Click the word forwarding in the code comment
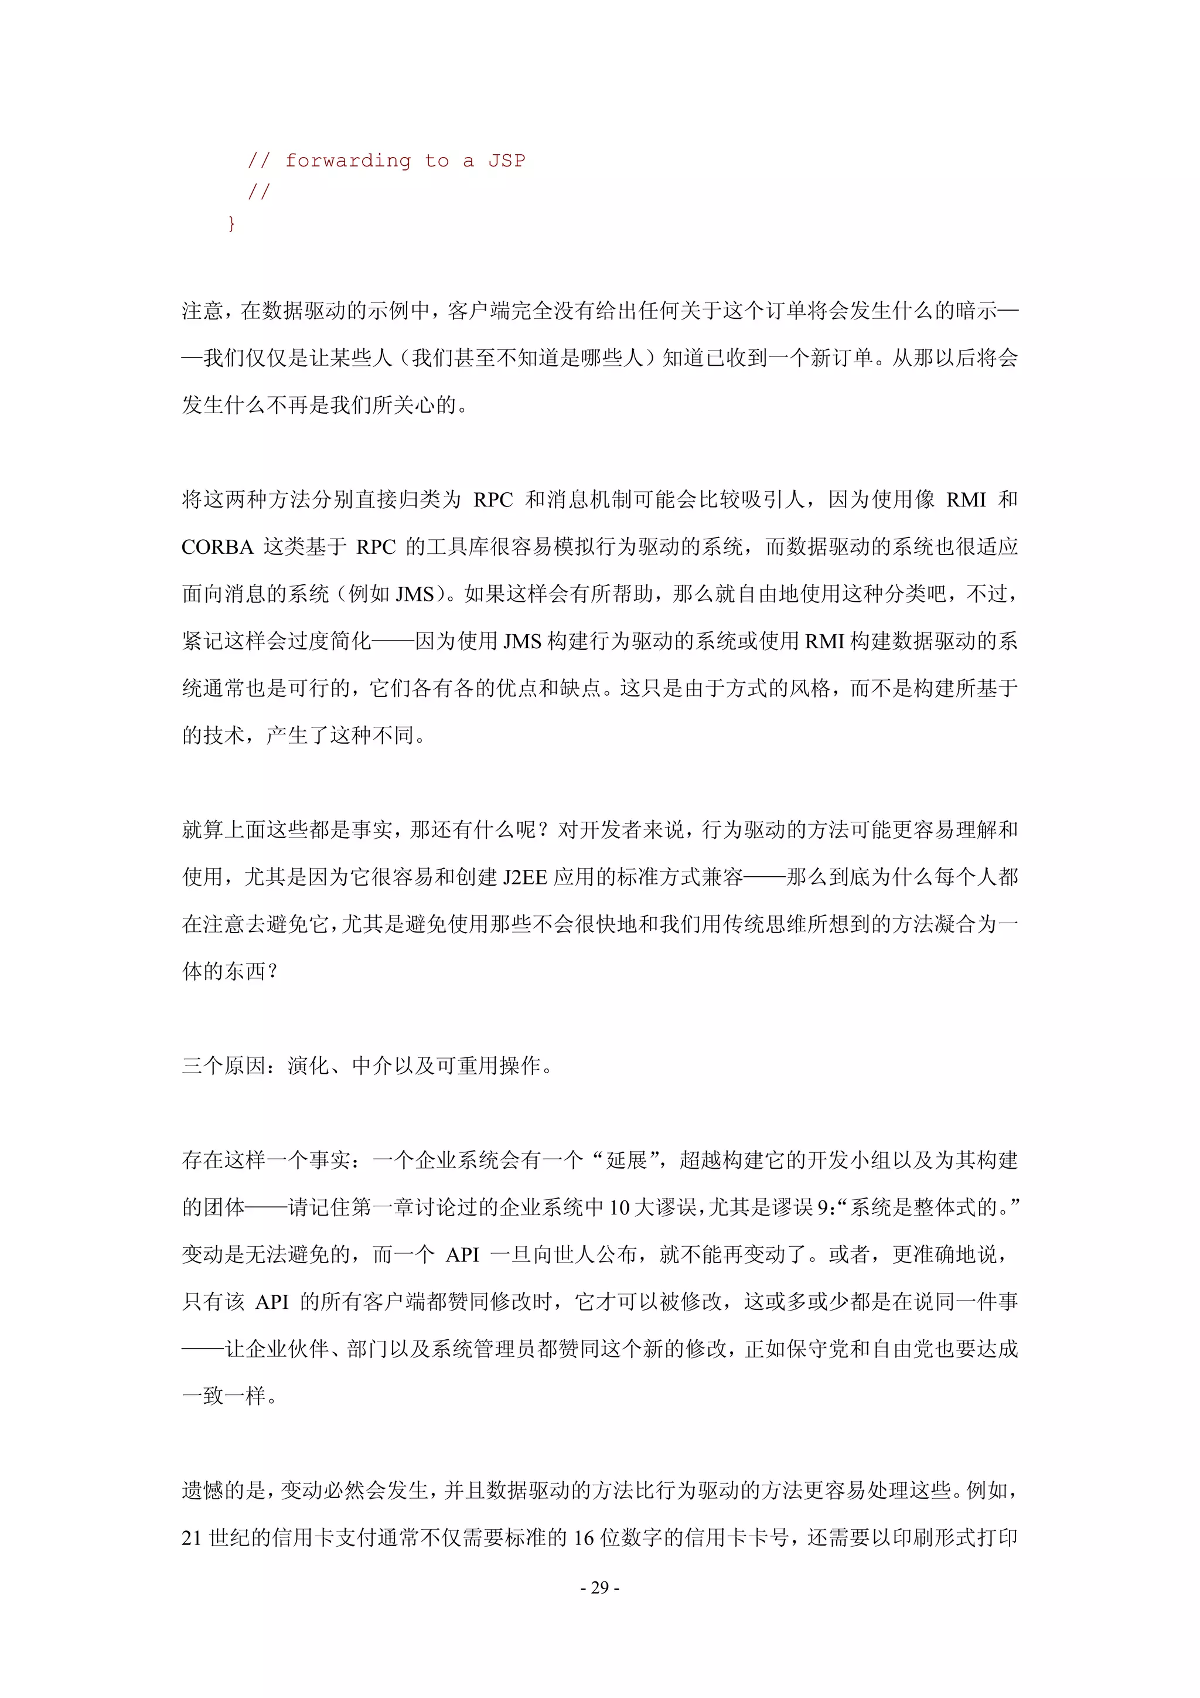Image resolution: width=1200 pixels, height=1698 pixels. [x=347, y=161]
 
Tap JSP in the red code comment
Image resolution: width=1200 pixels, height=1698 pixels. [x=506, y=161]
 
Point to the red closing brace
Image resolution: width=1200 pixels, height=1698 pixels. [x=231, y=223]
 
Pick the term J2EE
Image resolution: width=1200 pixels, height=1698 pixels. [x=525, y=877]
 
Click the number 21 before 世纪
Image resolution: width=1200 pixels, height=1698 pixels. [x=192, y=1537]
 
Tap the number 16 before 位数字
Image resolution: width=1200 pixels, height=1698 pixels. [x=584, y=1537]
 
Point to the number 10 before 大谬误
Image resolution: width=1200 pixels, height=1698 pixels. [x=619, y=1207]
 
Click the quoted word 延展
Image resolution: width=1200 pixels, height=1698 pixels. [x=626, y=1159]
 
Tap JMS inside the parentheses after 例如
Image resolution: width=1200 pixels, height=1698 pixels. [x=415, y=594]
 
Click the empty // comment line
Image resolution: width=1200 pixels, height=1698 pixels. [x=259, y=192]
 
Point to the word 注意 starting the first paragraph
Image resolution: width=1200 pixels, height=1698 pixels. [x=202, y=311]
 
